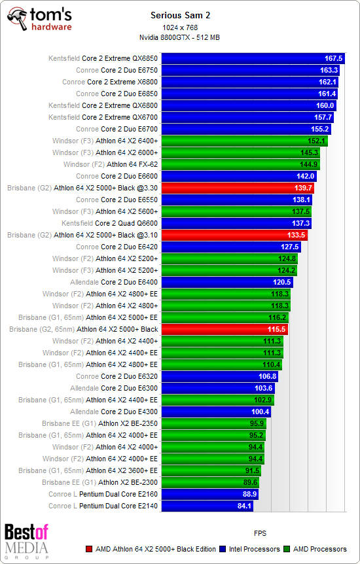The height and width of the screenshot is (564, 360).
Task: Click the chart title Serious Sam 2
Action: tap(179, 14)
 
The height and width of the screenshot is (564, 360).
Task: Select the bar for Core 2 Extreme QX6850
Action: tap(253, 58)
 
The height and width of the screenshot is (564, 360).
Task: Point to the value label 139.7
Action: tap(302, 188)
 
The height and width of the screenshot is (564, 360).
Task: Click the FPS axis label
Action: tap(261, 533)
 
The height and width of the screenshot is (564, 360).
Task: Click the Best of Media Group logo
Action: tap(26, 540)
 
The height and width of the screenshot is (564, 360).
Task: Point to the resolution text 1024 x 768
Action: tap(179, 28)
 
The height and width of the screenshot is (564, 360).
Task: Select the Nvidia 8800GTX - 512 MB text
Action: tap(179, 37)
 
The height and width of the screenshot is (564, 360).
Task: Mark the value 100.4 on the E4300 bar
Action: tap(260, 412)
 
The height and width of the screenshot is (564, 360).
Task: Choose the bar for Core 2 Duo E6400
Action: tap(226, 282)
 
